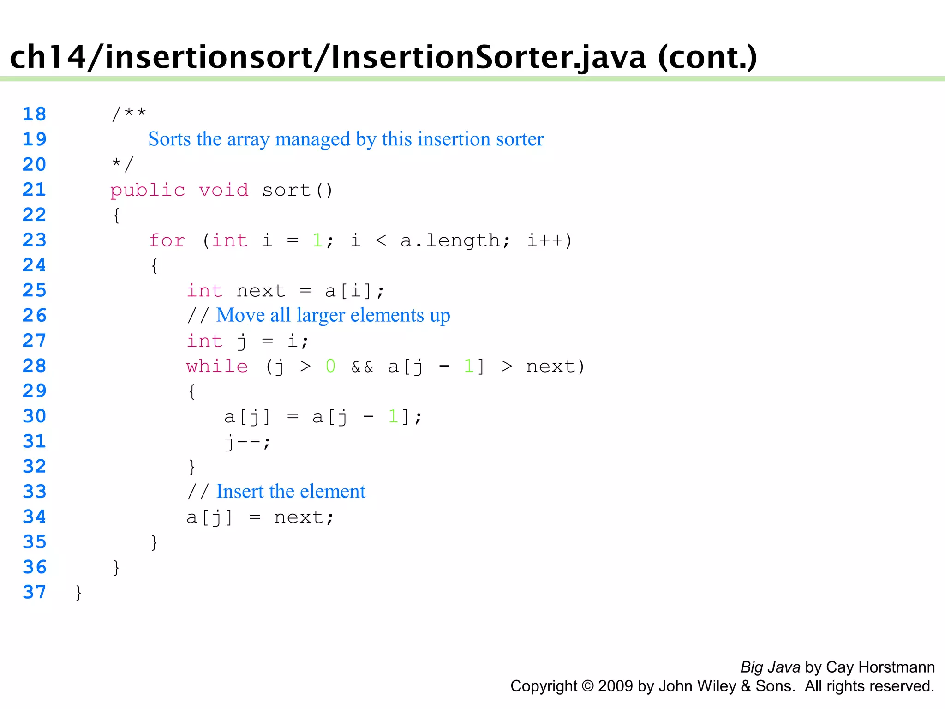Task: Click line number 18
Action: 35,114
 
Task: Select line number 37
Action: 35,592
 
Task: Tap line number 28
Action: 35,366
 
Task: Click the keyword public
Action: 148,190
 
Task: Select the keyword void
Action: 223,190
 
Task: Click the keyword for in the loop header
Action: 167,240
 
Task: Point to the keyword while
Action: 217,367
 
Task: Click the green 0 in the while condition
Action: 330,367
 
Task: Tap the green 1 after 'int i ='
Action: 317,240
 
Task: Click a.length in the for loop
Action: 455,240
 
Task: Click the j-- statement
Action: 247,442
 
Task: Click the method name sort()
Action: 297,190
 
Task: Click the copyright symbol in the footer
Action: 587,686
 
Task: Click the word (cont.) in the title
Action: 707,57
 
